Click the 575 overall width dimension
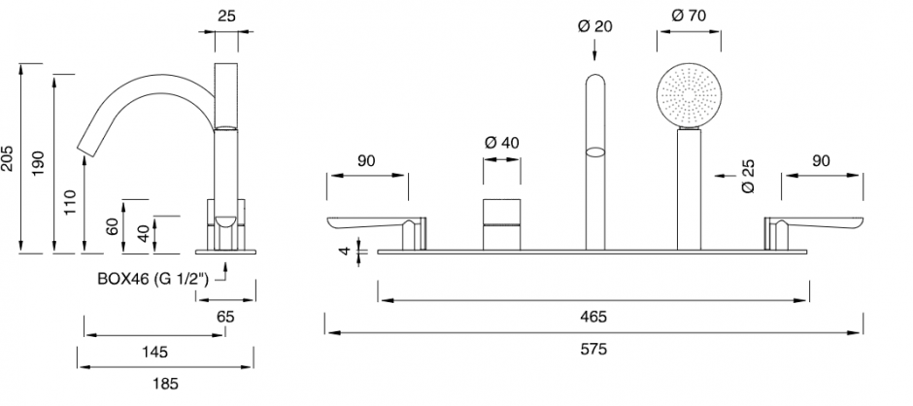pyautogui.click(x=593, y=349)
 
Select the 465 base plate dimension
pyautogui.click(x=593, y=317)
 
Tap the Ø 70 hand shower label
pyautogui.click(x=689, y=16)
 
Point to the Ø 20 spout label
pyautogui.click(x=595, y=26)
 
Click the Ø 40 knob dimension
pyautogui.click(x=502, y=142)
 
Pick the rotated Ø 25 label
pyautogui.click(x=749, y=176)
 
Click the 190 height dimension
pyautogui.click(x=39, y=164)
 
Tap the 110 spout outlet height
pyautogui.click(x=70, y=202)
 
